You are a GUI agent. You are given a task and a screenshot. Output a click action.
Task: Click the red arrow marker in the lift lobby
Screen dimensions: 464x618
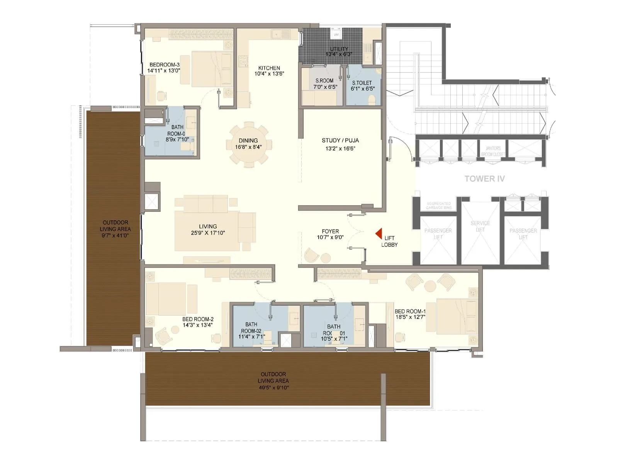(x=379, y=233)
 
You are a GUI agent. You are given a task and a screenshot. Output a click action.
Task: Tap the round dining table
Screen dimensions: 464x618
(x=248, y=145)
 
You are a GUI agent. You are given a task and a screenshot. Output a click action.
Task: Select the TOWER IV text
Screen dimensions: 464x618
(x=484, y=179)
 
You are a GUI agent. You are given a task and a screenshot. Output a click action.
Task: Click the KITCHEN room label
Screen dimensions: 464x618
(x=269, y=68)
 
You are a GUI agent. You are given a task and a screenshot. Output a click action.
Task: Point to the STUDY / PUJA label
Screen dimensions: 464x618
(x=340, y=140)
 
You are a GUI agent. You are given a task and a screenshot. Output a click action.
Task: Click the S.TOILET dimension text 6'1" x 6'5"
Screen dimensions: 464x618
(x=363, y=89)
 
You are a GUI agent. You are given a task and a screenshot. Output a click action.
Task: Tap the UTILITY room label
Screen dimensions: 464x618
(x=339, y=49)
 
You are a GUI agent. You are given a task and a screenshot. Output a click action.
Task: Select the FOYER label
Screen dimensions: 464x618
(x=330, y=231)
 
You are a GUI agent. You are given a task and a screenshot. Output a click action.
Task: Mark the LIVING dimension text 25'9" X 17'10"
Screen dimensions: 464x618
(x=208, y=233)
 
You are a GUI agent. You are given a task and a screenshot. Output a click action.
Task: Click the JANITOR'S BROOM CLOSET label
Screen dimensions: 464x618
(x=493, y=151)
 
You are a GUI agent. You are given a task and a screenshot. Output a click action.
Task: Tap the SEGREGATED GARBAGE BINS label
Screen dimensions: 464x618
(x=439, y=205)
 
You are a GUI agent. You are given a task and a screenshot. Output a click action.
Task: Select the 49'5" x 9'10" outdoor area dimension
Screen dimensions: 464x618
(x=273, y=387)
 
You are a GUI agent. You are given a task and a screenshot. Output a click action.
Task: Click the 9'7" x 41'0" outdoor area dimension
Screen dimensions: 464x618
(x=115, y=235)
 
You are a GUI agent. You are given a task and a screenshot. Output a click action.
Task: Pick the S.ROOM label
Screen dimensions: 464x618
(x=324, y=81)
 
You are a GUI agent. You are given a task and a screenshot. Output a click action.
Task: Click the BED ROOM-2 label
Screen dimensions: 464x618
(x=198, y=319)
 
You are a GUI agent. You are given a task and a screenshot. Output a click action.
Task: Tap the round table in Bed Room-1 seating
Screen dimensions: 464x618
(x=430, y=286)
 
